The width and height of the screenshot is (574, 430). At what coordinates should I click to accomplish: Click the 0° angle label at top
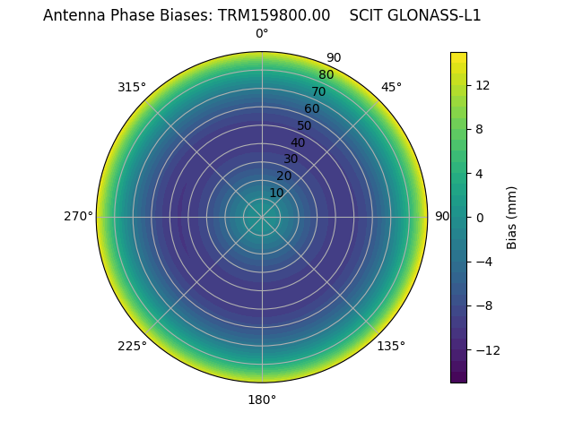click(262, 34)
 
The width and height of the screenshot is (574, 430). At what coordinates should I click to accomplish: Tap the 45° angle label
click(391, 87)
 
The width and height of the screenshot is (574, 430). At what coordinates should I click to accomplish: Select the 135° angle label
click(391, 346)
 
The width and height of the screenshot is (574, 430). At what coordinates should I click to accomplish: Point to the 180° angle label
click(262, 400)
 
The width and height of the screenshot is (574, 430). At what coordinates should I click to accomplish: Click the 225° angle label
click(132, 346)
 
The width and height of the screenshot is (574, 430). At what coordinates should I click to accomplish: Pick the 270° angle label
click(78, 217)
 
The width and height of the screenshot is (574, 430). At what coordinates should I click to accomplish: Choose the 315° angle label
click(132, 87)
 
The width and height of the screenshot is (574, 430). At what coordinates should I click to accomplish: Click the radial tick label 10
click(276, 193)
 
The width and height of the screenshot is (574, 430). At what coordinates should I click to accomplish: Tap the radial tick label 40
click(298, 142)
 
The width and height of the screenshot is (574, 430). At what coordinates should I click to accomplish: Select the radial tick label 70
click(318, 91)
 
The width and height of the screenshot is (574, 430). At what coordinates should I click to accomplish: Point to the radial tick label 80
click(326, 74)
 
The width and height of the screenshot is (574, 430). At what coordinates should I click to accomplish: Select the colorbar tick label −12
click(485, 349)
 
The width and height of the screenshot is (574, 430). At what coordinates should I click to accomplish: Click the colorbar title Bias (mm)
click(512, 217)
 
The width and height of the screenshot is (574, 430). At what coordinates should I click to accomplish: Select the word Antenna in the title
click(73, 15)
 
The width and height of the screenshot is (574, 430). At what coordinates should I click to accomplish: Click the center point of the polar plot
click(262, 217)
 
